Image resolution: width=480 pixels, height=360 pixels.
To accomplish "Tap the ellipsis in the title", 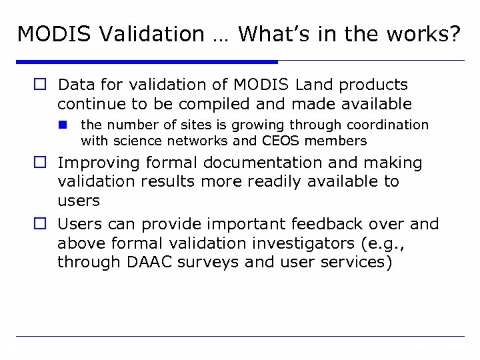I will pos(221,37).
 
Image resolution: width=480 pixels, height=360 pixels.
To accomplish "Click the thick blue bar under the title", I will pos(147,61).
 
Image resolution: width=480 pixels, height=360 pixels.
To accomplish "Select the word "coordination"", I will pos(389,125).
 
